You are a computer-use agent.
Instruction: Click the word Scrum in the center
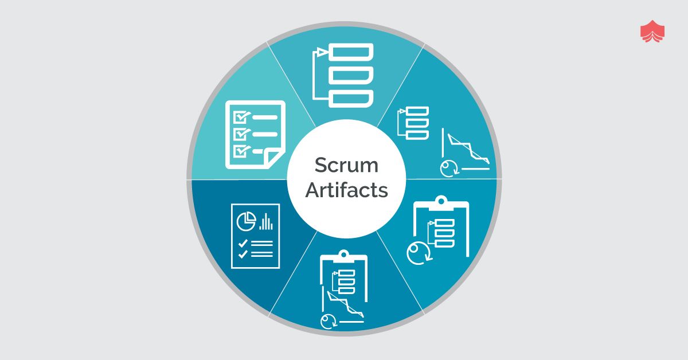pyautogui.click(x=346, y=166)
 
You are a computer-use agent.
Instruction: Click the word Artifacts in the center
pyautogui.click(x=346, y=190)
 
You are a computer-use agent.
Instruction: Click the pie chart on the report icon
pyautogui.click(x=247, y=220)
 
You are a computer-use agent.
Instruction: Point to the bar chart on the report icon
pyautogui.click(x=266, y=221)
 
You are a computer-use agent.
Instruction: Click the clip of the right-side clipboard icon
pyautogui.click(x=440, y=201)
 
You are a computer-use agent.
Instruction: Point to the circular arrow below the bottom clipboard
pyautogui.click(x=329, y=321)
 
